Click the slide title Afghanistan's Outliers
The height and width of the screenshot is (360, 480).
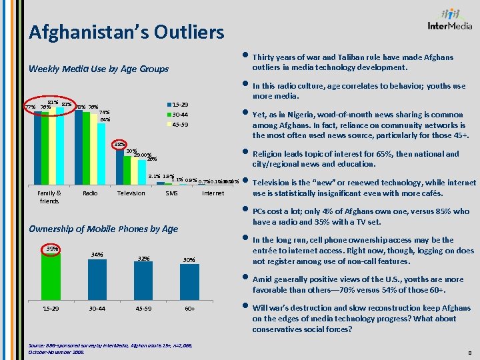pos(127,31)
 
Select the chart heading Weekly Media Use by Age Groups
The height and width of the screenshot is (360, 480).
pos(98,69)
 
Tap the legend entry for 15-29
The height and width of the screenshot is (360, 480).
pos(180,105)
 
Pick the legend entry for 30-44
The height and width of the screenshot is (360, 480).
pos(180,115)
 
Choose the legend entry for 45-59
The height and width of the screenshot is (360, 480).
pos(180,125)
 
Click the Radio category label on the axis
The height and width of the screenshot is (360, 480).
pos(89,193)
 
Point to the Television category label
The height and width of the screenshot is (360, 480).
pos(131,193)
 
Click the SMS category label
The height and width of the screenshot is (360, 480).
pos(171,193)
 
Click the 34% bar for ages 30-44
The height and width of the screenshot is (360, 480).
pos(97,280)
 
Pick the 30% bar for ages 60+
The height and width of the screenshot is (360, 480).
pos(189,283)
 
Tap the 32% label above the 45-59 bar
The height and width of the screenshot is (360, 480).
pos(143,258)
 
